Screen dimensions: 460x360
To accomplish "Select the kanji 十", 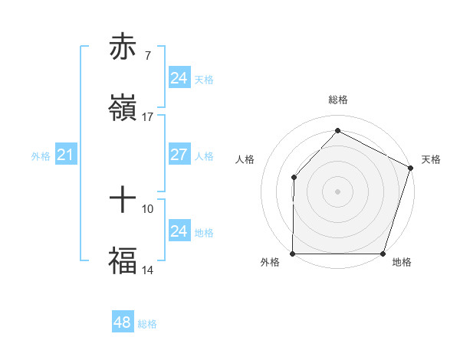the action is point(123,200).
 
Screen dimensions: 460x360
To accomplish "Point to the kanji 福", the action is point(123,260).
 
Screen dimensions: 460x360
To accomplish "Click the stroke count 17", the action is point(148,117).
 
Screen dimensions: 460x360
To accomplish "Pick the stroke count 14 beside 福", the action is point(148,270).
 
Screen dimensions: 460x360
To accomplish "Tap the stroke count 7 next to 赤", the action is point(148,56).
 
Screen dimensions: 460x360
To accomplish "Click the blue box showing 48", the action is point(123,322).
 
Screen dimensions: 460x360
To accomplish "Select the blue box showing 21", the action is point(65,155).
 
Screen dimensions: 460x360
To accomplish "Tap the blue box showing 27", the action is point(179,155).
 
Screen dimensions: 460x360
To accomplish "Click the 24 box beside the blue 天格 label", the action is point(179,78).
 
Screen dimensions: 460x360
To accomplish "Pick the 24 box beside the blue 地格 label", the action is point(179,231).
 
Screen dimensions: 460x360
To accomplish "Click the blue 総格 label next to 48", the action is point(147,324).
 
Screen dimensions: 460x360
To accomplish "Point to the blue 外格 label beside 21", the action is point(41,156).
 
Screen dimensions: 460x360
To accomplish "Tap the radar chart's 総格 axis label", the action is point(337,100).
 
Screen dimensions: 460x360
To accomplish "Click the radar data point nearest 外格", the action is point(293,254).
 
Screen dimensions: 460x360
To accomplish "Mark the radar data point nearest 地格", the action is point(383,254).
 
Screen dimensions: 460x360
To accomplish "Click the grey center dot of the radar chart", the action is point(337,191).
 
